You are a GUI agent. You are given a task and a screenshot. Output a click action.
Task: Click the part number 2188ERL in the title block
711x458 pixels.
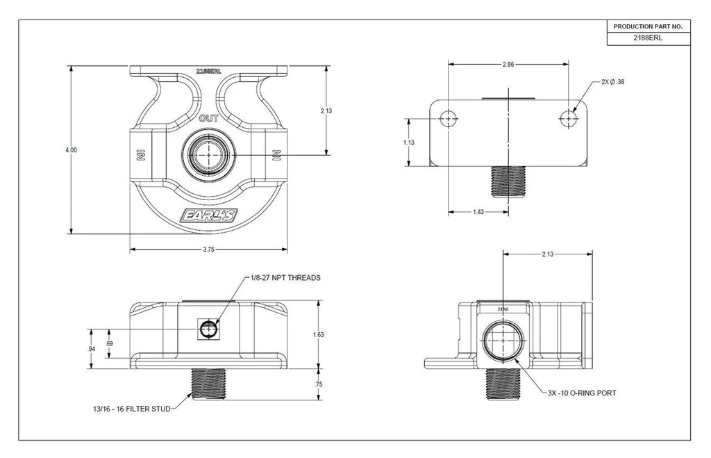point(648,38)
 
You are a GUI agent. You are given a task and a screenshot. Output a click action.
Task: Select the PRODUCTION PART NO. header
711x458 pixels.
point(648,26)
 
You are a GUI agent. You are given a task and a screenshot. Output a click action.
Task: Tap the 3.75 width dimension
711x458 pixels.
point(208,249)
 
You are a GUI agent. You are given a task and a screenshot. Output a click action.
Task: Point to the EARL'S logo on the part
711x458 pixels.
point(208,216)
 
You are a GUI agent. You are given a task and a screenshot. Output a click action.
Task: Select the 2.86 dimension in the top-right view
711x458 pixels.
point(509,64)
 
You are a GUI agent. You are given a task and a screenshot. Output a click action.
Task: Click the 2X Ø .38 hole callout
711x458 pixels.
point(612,82)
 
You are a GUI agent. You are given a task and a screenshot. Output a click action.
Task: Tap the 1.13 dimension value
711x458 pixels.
point(410,142)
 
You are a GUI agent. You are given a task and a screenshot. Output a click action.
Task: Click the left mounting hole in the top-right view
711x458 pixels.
point(449,119)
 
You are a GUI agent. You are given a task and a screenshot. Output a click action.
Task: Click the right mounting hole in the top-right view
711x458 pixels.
point(569,119)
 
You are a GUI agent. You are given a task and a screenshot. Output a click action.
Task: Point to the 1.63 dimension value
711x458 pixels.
point(319,335)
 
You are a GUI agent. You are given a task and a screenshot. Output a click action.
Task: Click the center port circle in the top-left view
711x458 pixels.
point(208,154)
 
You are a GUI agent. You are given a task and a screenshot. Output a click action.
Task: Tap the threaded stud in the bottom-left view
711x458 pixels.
point(208,384)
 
